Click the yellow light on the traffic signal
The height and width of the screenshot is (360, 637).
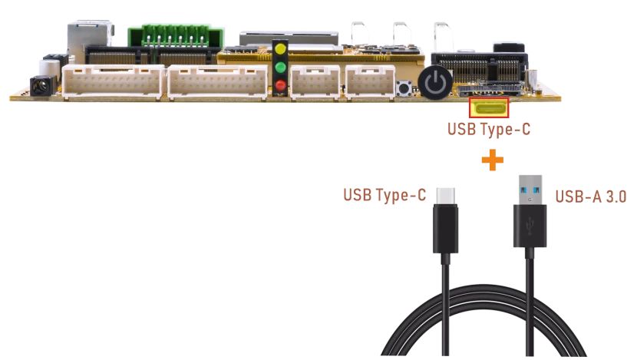pos(280,49)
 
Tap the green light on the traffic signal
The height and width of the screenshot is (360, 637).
pos(280,67)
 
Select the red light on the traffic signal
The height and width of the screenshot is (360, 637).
pos(280,85)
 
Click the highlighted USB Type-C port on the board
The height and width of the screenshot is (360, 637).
pos(489,107)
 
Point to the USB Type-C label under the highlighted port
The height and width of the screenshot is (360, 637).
pos(489,129)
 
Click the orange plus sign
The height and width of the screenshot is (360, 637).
pos(493,160)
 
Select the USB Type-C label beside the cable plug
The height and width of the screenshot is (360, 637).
pos(385,195)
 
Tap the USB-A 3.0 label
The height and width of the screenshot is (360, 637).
pos(590,197)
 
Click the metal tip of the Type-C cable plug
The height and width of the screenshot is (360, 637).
pos(446,197)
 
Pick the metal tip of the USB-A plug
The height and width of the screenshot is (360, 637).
pos(530,190)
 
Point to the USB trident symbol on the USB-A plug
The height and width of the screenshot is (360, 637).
pos(530,226)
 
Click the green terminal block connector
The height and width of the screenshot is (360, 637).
pos(176,36)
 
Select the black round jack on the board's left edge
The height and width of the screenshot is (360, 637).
pos(41,86)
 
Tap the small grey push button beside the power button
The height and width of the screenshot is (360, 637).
pos(404,88)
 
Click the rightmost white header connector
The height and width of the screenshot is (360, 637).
pos(371,81)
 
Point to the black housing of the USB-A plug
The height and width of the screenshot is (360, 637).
pos(530,226)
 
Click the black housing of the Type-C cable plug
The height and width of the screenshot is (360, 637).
pos(446,229)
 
